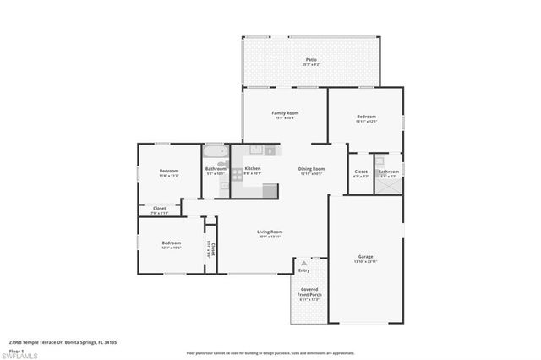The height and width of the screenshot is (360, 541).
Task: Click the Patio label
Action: click(x=311, y=59)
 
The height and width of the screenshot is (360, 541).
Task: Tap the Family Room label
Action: click(x=285, y=113)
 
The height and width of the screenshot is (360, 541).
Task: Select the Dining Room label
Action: click(x=311, y=168)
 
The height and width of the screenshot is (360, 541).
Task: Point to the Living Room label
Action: click(x=270, y=232)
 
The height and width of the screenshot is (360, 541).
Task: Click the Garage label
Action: click(x=365, y=256)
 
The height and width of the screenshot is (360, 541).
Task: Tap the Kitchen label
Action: click(x=253, y=168)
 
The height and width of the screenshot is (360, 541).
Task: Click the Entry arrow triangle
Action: click(x=303, y=265)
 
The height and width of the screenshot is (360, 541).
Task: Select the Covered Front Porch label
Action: click(x=309, y=292)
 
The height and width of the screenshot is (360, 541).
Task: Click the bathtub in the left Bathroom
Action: click(x=215, y=154)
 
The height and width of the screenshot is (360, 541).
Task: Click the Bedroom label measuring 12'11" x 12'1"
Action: click(x=366, y=117)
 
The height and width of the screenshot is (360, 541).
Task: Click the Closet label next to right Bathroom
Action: click(x=360, y=172)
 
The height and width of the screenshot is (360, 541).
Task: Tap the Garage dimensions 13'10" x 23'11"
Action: click(x=365, y=261)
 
